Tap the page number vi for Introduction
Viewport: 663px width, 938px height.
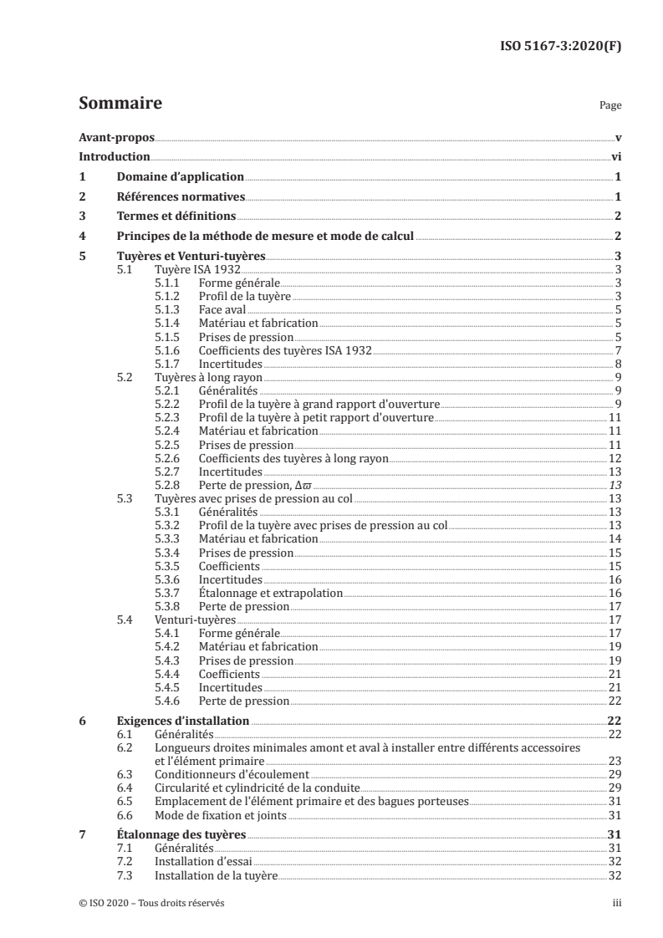(615, 156)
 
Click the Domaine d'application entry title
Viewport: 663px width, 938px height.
(180, 176)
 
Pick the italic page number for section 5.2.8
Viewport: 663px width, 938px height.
(615, 486)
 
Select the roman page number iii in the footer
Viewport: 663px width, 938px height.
(617, 903)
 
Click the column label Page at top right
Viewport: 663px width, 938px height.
(610, 106)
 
